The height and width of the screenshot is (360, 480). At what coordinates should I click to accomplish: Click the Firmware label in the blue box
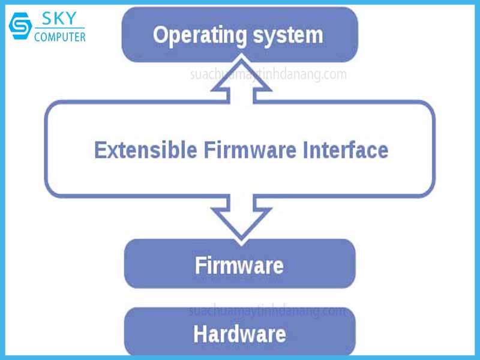pos(239,265)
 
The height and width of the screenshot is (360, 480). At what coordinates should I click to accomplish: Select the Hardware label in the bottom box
pos(239,333)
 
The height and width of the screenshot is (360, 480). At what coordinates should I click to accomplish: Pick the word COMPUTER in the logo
pos(60,37)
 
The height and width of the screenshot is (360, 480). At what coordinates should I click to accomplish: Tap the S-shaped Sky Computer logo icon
pos(20,28)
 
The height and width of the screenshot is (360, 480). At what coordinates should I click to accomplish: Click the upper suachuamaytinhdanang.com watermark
pos(268,75)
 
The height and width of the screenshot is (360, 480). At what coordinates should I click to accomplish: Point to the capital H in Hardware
pos(200,333)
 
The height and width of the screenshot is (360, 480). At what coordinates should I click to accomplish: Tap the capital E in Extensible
pos(100,149)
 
